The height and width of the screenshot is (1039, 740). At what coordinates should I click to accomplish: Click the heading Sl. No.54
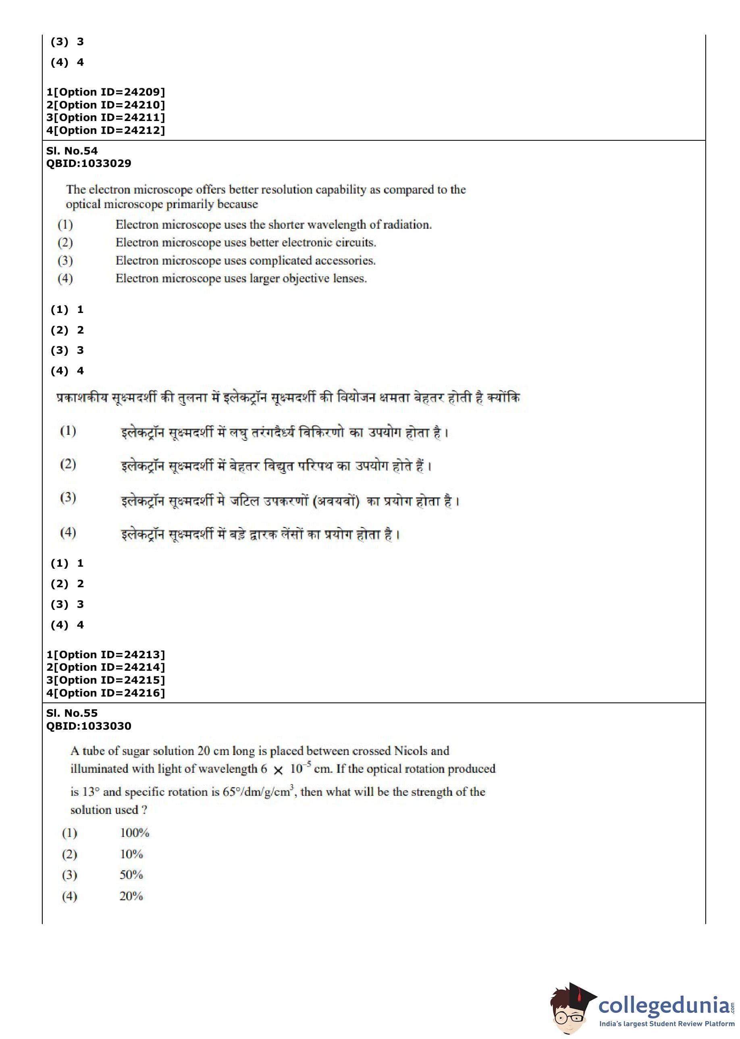tap(72, 151)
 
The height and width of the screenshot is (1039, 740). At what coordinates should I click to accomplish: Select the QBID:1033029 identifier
tap(88, 163)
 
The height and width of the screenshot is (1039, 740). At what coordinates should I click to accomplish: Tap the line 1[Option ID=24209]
tap(105, 92)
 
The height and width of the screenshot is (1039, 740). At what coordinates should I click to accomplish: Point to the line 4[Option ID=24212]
tap(105, 130)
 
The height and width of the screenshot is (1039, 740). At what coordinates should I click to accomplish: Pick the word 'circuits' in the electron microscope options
tap(355, 242)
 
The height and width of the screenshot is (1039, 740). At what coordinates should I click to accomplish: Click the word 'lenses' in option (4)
tap(349, 279)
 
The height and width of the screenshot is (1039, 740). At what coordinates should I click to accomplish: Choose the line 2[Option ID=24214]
tap(105, 668)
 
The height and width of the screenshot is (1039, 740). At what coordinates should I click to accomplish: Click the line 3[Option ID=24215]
tap(105, 680)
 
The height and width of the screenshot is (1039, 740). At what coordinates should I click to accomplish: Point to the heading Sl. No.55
tap(72, 714)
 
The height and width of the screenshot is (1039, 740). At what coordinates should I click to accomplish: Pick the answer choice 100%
tap(135, 833)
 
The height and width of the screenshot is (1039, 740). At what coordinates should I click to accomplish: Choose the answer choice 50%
tap(131, 875)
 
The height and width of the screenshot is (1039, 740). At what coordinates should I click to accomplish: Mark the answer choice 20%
tap(131, 896)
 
